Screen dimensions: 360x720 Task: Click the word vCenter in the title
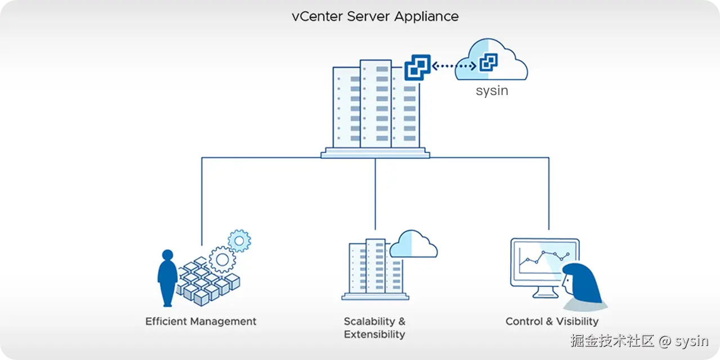pyautogui.click(x=317, y=16)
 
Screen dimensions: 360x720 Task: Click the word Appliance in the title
pyautogui.click(x=426, y=16)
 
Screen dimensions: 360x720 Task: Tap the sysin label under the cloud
pyautogui.click(x=492, y=91)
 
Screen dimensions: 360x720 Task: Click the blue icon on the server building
pyautogui.click(x=417, y=67)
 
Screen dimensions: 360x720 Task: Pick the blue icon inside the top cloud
pyautogui.click(x=488, y=62)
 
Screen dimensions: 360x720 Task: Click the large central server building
pyautogui.click(x=375, y=107)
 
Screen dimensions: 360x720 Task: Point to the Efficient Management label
pyautogui.click(x=201, y=322)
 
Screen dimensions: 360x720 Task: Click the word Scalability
pyautogui.click(x=370, y=322)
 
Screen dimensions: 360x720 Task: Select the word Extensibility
pyautogui.click(x=374, y=335)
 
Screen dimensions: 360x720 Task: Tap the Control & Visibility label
pyautogui.click(x=552, y=322)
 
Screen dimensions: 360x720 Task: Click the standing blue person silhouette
pyautogui.click(x=167, y=278)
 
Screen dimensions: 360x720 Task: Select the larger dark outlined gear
pyautogui.click(x=222, y=259)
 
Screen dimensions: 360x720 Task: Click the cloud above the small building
pyautogui.click(x=413, y=244)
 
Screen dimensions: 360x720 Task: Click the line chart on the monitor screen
pyautogui.click(x=543, y=259)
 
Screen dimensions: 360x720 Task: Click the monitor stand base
pyautogui.click(x=543, y=295)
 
